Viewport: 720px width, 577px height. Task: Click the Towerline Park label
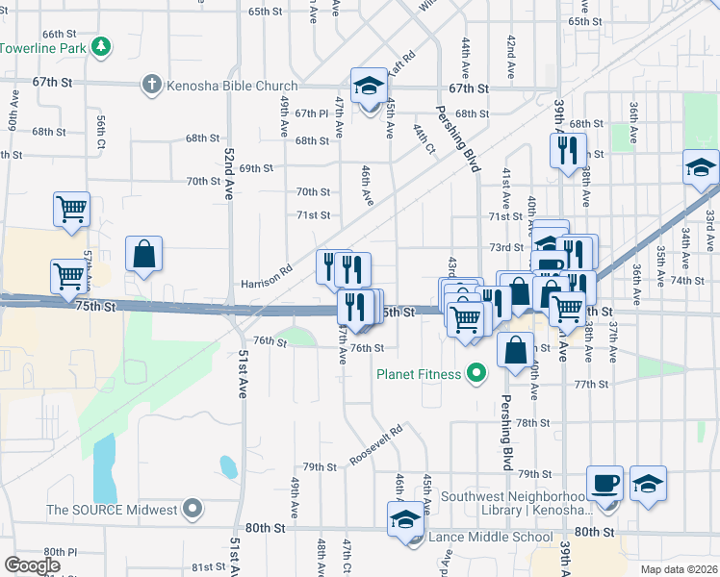click(x=43, y=46)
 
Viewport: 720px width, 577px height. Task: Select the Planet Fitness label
click(x=420, y=374)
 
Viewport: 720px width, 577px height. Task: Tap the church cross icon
click(x=151, y=86)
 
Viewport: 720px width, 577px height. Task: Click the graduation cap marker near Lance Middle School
click(x=406, y=521)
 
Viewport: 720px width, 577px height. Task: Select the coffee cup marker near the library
click(x=604, y=483)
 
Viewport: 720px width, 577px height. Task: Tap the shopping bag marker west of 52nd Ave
click(x=143, y=255)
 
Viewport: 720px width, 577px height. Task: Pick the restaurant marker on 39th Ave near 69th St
click(x=567, y=150)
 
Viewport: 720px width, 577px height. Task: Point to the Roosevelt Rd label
click(x=375, y=447)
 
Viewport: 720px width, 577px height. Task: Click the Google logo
click(x=32, y=565)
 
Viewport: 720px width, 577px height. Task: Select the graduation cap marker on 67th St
click(x=369, y=86)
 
